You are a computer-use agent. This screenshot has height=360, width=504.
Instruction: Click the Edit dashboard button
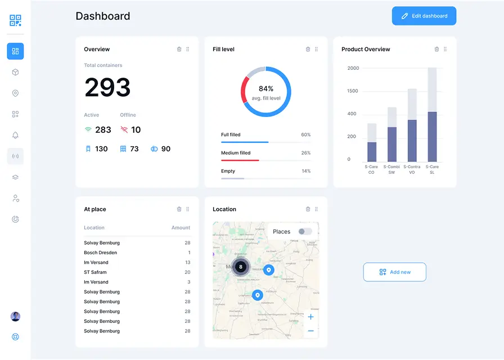(x=424, y=16)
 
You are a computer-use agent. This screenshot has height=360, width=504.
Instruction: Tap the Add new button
(x=394, y=272)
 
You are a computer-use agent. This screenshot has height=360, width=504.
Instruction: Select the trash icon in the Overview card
(x=179, y=49)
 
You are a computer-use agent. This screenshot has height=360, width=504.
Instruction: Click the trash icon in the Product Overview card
(x=436, y=49)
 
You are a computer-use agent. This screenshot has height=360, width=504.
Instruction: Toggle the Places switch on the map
(x=305, y=232)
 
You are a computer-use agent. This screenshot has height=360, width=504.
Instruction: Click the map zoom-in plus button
(x=310, y=317)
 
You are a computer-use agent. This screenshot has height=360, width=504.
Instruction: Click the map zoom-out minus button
(x=310, y=331)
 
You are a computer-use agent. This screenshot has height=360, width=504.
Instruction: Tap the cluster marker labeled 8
(x=241, y=267)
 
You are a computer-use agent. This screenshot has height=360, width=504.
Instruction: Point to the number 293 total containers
(x=107, y=88)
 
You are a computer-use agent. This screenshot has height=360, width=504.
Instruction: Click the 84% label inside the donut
(x=266, y=89)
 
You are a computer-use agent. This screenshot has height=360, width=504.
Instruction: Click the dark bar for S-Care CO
(x=372, y=152)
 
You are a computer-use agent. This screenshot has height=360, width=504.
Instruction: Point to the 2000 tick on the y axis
(x=353, y=69)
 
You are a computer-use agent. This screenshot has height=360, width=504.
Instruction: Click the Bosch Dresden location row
(x=101, y=253)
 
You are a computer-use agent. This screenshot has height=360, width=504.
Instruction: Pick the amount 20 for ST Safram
(x=187, y=272)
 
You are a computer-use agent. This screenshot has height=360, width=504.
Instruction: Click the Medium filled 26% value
(x=305, y=153)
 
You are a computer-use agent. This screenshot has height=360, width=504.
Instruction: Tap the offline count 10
(x=136, y=130)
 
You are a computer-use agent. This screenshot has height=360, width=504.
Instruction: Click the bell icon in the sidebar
(x=15, y=136)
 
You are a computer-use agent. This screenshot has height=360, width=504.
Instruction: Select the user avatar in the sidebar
(x=15, y=317)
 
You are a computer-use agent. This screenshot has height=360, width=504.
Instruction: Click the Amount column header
(x=181, y=228)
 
